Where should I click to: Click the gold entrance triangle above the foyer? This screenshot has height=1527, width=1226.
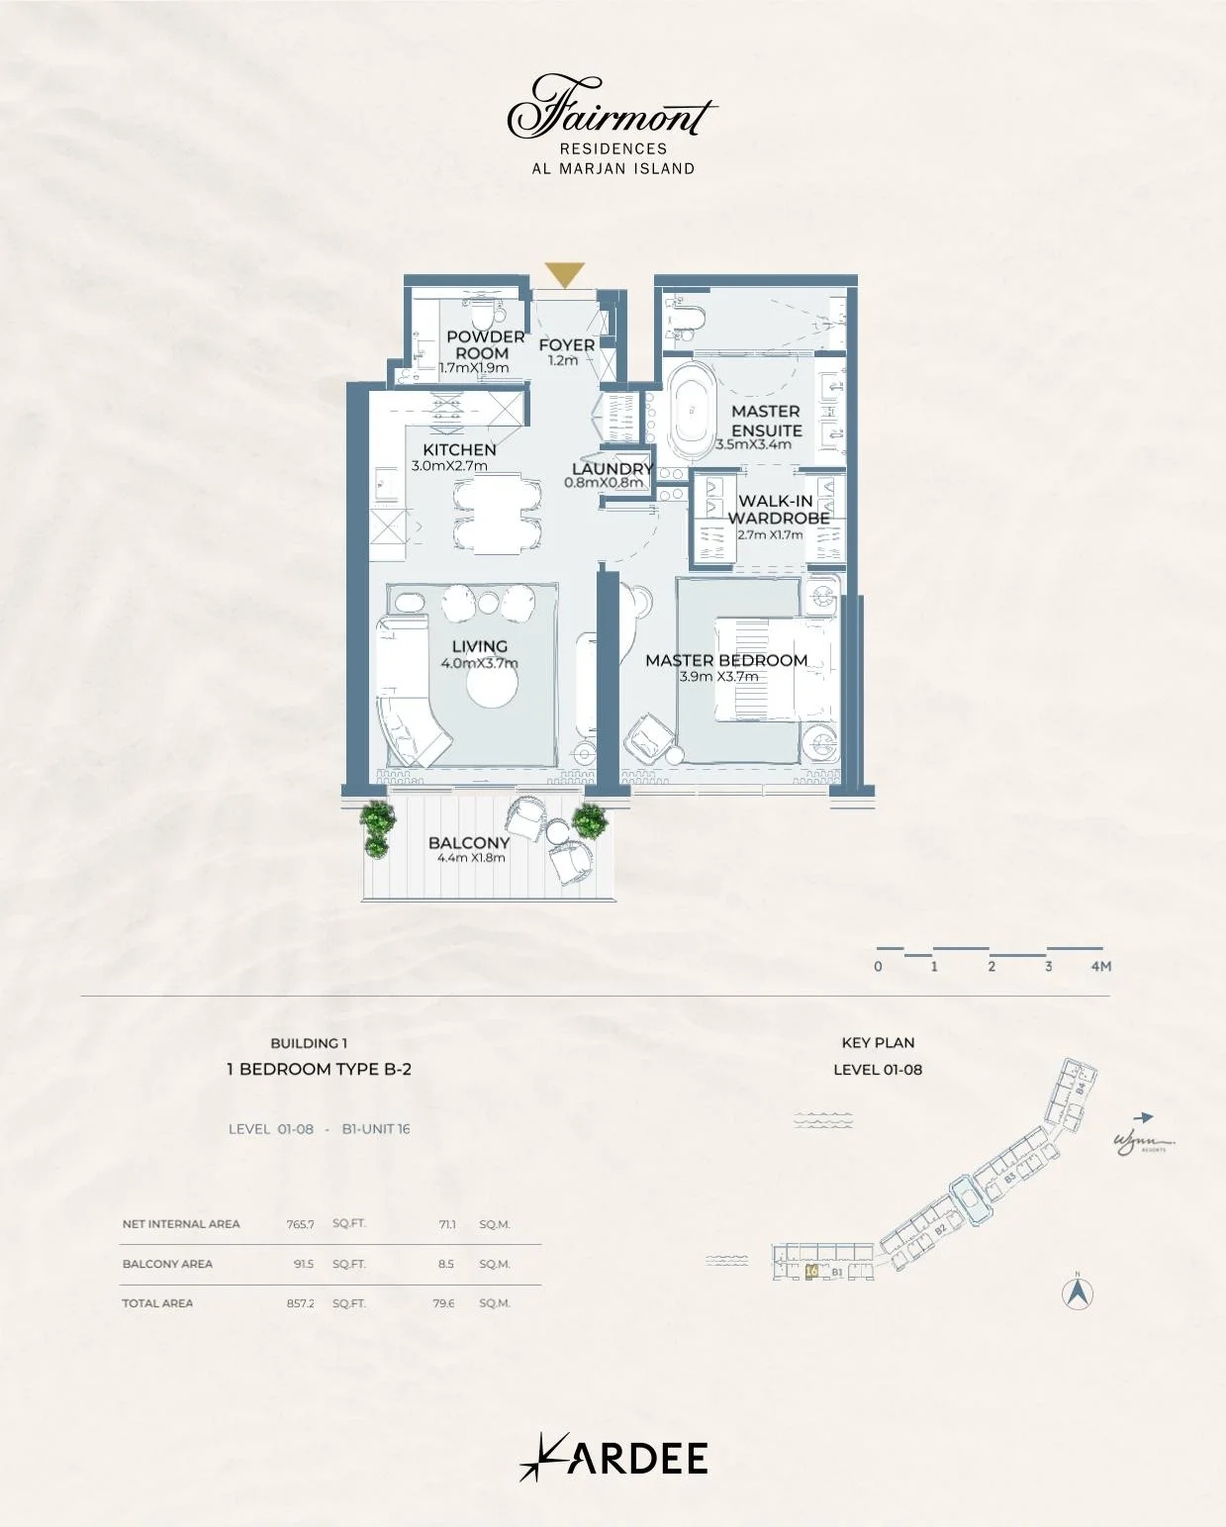[x=564, y=274]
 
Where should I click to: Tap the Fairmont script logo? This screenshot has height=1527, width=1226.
[x=611, y=109]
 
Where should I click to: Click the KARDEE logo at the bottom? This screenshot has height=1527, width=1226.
[x=613, y=1458]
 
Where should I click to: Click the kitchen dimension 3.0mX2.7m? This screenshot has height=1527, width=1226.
[x=449, y=466]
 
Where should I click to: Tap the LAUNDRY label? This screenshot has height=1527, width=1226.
[x=613, y=468]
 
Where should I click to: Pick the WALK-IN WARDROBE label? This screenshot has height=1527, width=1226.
[x=778, y=509]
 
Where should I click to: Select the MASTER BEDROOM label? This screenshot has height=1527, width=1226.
[x=726, y=660]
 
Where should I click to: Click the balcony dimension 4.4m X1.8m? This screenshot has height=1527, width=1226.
[x=471, y=858]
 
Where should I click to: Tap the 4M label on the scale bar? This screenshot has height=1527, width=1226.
[x=1100, y=966]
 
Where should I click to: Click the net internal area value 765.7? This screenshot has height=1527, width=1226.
[x=300, y=1224]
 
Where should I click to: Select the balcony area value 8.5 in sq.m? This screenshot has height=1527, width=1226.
[x=446, y=1264]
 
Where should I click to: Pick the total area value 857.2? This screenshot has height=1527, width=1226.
[x=300, y=1303]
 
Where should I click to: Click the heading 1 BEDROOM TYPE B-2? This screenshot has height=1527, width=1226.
[x=319, y=1069]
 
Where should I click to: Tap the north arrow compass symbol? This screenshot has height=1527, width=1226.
[x=1078, y=1292]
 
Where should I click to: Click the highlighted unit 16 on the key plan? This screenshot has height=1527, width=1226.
[x=811, y=1272]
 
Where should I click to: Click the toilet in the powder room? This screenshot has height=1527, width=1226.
[x=483, y=316]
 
